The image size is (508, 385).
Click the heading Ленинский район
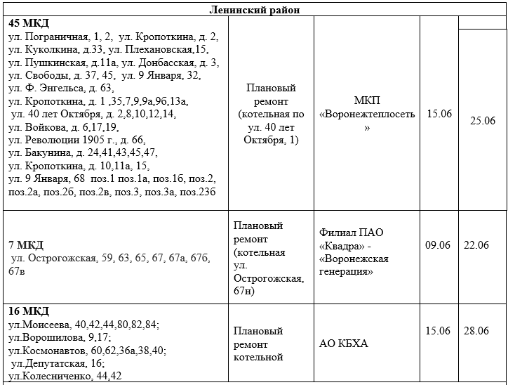(254, 9)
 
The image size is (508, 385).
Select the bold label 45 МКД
(28, 24)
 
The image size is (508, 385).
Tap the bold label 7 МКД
(27, 244)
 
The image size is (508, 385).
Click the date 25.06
(483, 121)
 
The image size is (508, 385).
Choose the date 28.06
(476, 331)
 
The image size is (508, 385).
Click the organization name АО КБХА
(344, 344)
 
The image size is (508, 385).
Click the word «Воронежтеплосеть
(367, 114)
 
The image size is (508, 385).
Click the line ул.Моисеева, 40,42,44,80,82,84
(83, 325)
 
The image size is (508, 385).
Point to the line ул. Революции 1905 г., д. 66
(76, 139)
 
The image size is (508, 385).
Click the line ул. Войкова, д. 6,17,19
(63, 126)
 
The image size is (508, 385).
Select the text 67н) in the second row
(243, 291)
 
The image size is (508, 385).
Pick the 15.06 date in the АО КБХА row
(438, 331)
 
